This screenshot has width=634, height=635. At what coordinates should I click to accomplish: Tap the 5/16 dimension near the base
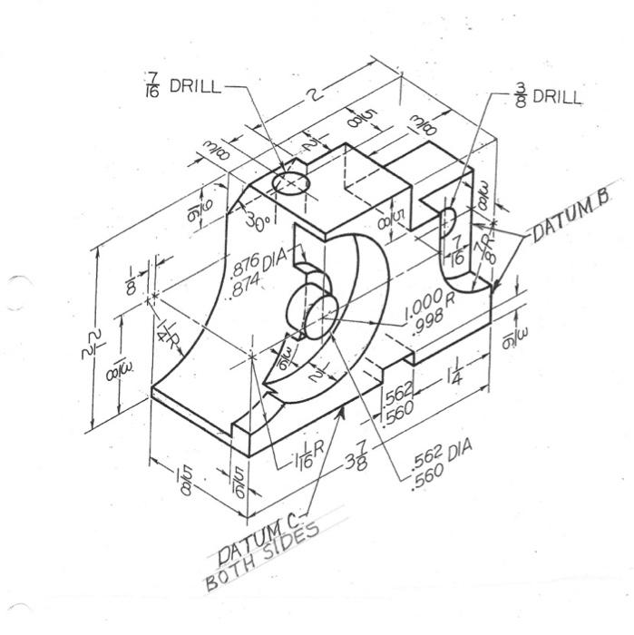pos(238,481)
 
